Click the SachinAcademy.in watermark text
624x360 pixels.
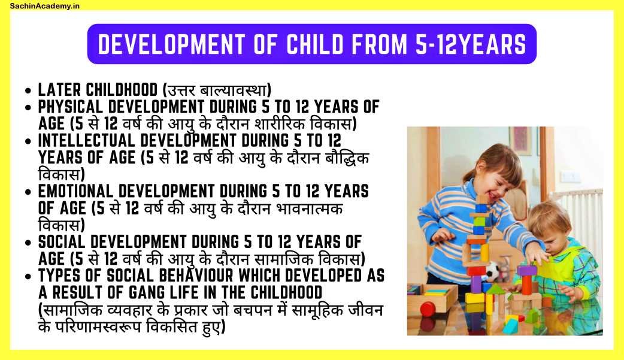(x=44, y=5)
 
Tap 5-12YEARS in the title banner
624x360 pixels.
(x=470, y=44)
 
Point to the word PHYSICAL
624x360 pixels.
(x=71, y=107)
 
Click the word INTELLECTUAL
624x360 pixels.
(x=87, y=141)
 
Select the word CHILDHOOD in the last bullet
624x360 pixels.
(x=286, y=293)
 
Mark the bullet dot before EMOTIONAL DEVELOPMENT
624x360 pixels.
(x=28, y=192)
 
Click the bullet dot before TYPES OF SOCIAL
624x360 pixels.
(x=28, y=276)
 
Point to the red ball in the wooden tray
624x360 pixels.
(x=428, y=309)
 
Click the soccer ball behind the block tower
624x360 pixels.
(x=493, y=270)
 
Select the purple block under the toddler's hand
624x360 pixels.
(x=527, y=271)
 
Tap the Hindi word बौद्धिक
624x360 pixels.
(x=347, y=158)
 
